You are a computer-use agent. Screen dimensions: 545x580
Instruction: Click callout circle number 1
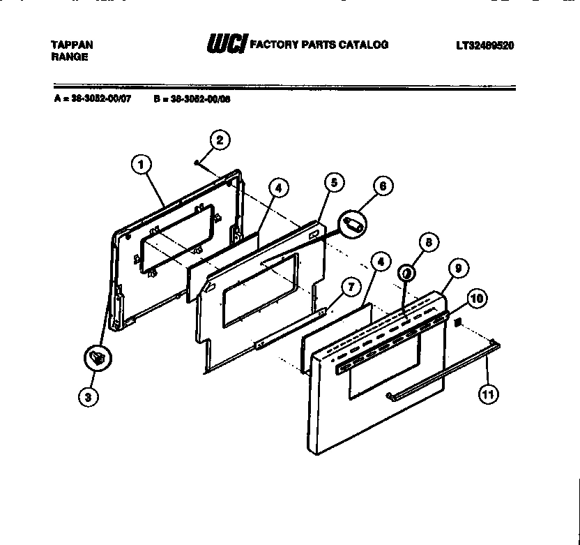pyautogui.click(x=141, y=165)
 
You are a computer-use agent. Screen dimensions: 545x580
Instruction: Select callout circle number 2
pyautogui.click(x=219, y=140)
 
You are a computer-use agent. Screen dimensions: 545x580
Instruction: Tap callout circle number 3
pyautogui.click(x=88, y=396)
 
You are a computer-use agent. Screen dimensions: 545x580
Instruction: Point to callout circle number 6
pyautogui.click(x=382, y=186)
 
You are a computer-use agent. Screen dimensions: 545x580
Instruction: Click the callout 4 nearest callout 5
pyautogui.click(x=277, y=188)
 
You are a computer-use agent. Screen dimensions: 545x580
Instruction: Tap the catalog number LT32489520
pyautogui.click(x=485, y=45)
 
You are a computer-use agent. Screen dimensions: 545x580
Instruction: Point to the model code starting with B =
pyautogui.click(x=192, y=99)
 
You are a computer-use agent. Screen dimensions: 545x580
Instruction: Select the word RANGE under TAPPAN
pyautogui.click(x=69, y=57)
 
